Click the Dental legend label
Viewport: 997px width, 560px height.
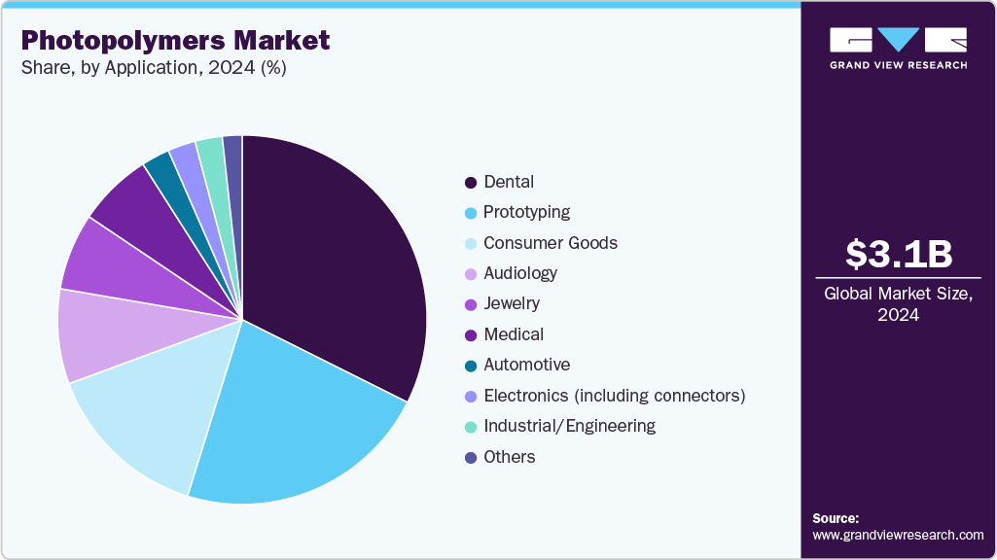(x=509, y=182)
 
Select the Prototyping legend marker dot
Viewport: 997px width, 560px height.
(x=471, y=213)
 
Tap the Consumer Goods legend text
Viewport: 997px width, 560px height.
(x=551, y=243)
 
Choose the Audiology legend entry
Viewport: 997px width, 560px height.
(x=520, y=273)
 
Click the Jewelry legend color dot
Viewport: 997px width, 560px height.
(x=471, y=304)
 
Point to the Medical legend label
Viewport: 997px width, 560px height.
(x=514, y=334)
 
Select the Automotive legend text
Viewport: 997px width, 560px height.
(x=526, y=365)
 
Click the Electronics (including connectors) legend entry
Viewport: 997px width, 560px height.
(x=614, y=396)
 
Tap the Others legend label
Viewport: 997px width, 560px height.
(x=510, y=457)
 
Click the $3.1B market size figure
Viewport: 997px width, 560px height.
(x=898, y=255)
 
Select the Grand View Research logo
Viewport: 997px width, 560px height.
(x=898, y=48)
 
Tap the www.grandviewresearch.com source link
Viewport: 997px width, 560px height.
(x=898, y=536)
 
